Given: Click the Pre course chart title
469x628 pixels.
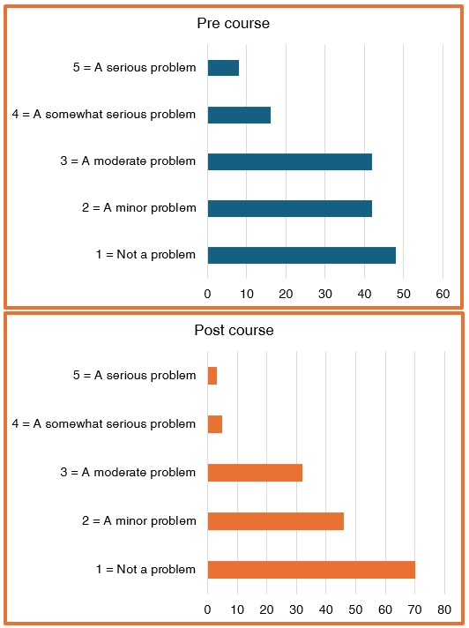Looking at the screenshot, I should [233, 23].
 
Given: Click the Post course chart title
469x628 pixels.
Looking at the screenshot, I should [234, 331].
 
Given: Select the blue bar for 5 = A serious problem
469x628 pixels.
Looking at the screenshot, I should [223, 68].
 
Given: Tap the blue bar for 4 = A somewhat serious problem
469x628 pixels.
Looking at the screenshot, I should [239, 115].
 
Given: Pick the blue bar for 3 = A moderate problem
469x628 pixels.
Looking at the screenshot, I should [289, 161].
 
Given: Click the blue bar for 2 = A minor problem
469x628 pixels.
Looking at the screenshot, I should [289, 208].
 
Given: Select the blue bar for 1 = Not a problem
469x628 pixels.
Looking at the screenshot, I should [301, 255].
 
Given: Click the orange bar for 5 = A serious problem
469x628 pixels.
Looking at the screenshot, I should [212, 376].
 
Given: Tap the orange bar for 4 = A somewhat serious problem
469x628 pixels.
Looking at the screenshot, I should [215, 424].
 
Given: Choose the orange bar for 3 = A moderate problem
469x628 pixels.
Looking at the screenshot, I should [255, 473].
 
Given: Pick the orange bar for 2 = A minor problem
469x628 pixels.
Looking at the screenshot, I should [275, 521].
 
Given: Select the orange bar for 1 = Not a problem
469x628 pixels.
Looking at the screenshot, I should [311, 570].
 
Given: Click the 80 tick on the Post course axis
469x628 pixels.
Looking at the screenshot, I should [444, 609].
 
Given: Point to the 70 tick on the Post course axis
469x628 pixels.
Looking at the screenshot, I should [414, 609].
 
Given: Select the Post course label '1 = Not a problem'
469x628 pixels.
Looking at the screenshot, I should [145, 570].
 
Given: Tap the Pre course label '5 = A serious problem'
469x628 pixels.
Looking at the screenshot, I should [134, 68].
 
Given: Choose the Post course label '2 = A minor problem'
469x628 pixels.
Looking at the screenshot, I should [138, 521].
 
